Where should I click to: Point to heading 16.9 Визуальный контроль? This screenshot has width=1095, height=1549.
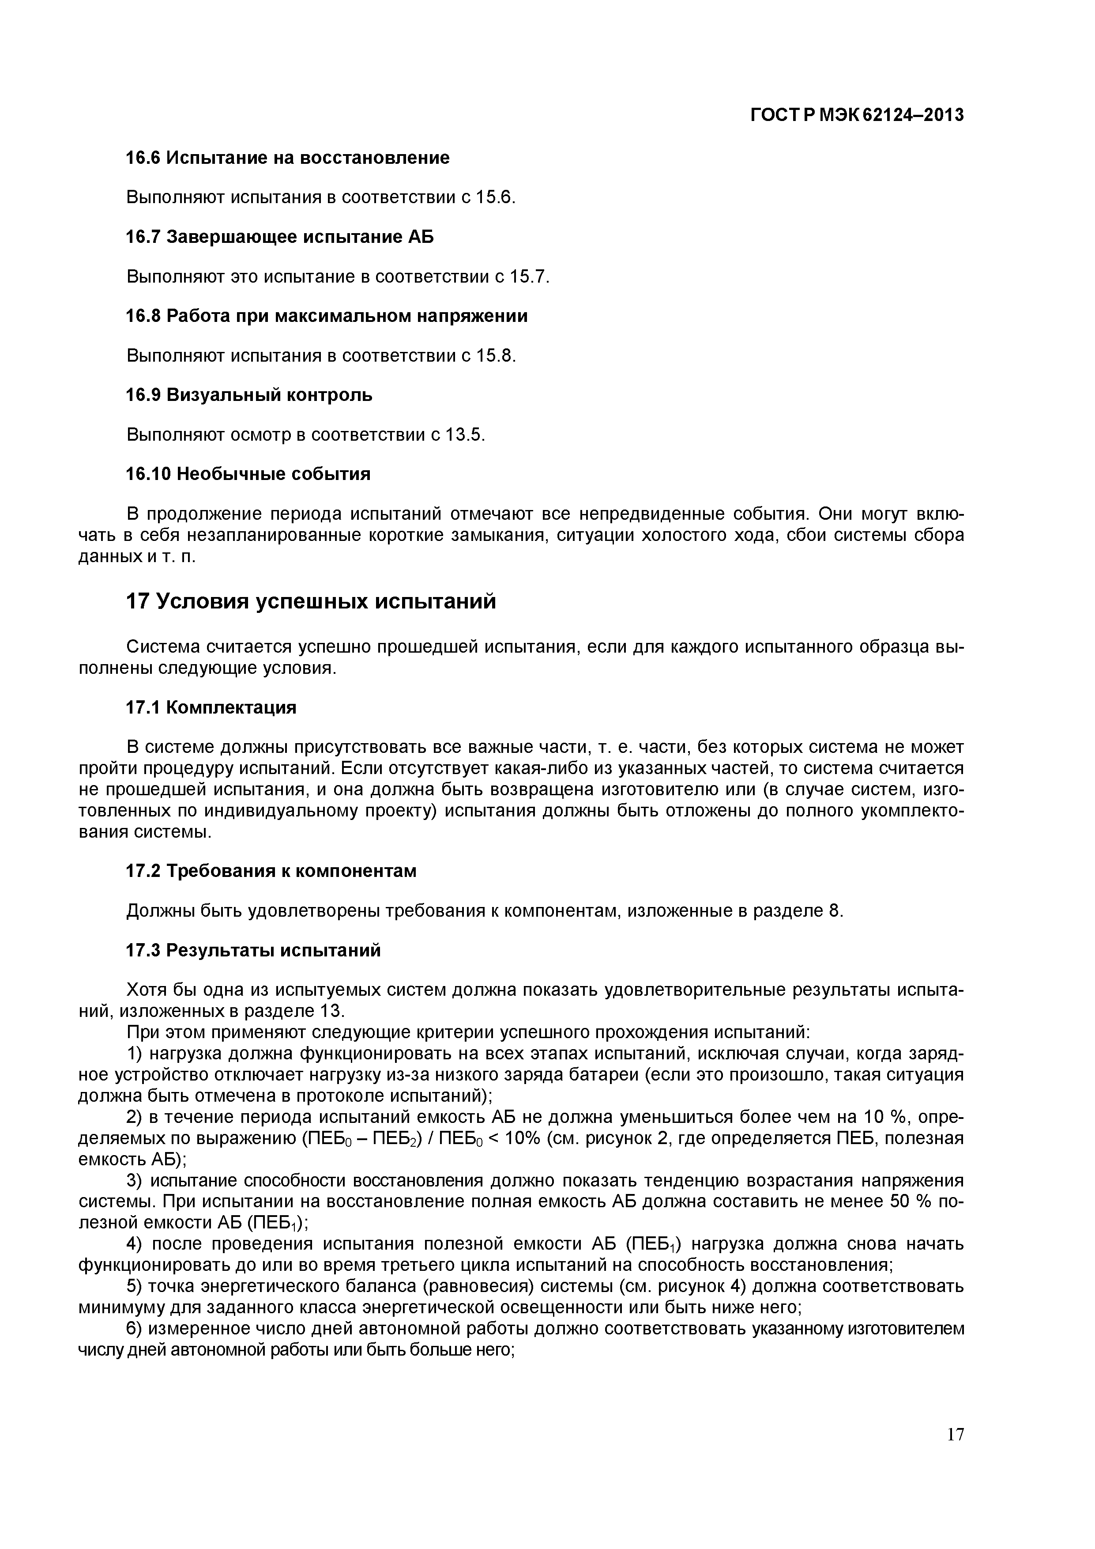point(249,395)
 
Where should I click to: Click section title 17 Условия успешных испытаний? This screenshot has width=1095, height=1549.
point(311,601)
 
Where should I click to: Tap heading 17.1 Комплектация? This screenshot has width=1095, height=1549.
point(211,708)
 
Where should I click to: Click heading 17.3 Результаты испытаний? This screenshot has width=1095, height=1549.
point(253,951)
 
